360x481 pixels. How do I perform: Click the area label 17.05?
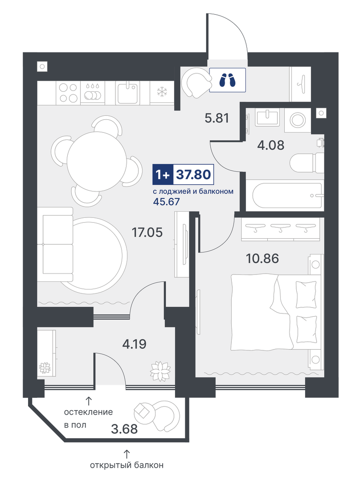pos(147,232)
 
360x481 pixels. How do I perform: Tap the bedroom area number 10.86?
pos(262,258)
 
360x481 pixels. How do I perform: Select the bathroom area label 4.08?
pos(271,145)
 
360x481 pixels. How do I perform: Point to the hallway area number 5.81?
pos(217,118)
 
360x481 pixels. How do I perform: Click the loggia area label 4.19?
pos(134,344)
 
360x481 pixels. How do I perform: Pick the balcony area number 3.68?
pos(124,428)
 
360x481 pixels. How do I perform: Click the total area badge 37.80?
pos(193,175)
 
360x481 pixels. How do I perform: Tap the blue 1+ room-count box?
pos(163,175)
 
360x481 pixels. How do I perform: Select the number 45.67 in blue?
pos(166,202)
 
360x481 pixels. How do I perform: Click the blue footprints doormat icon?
pos(227,80)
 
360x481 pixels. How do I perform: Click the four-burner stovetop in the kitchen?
pos(68,93)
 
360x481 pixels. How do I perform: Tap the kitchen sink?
pos(127,93)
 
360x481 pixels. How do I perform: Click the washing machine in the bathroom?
pos(297,120)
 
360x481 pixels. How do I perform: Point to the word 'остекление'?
pos(88,412)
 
